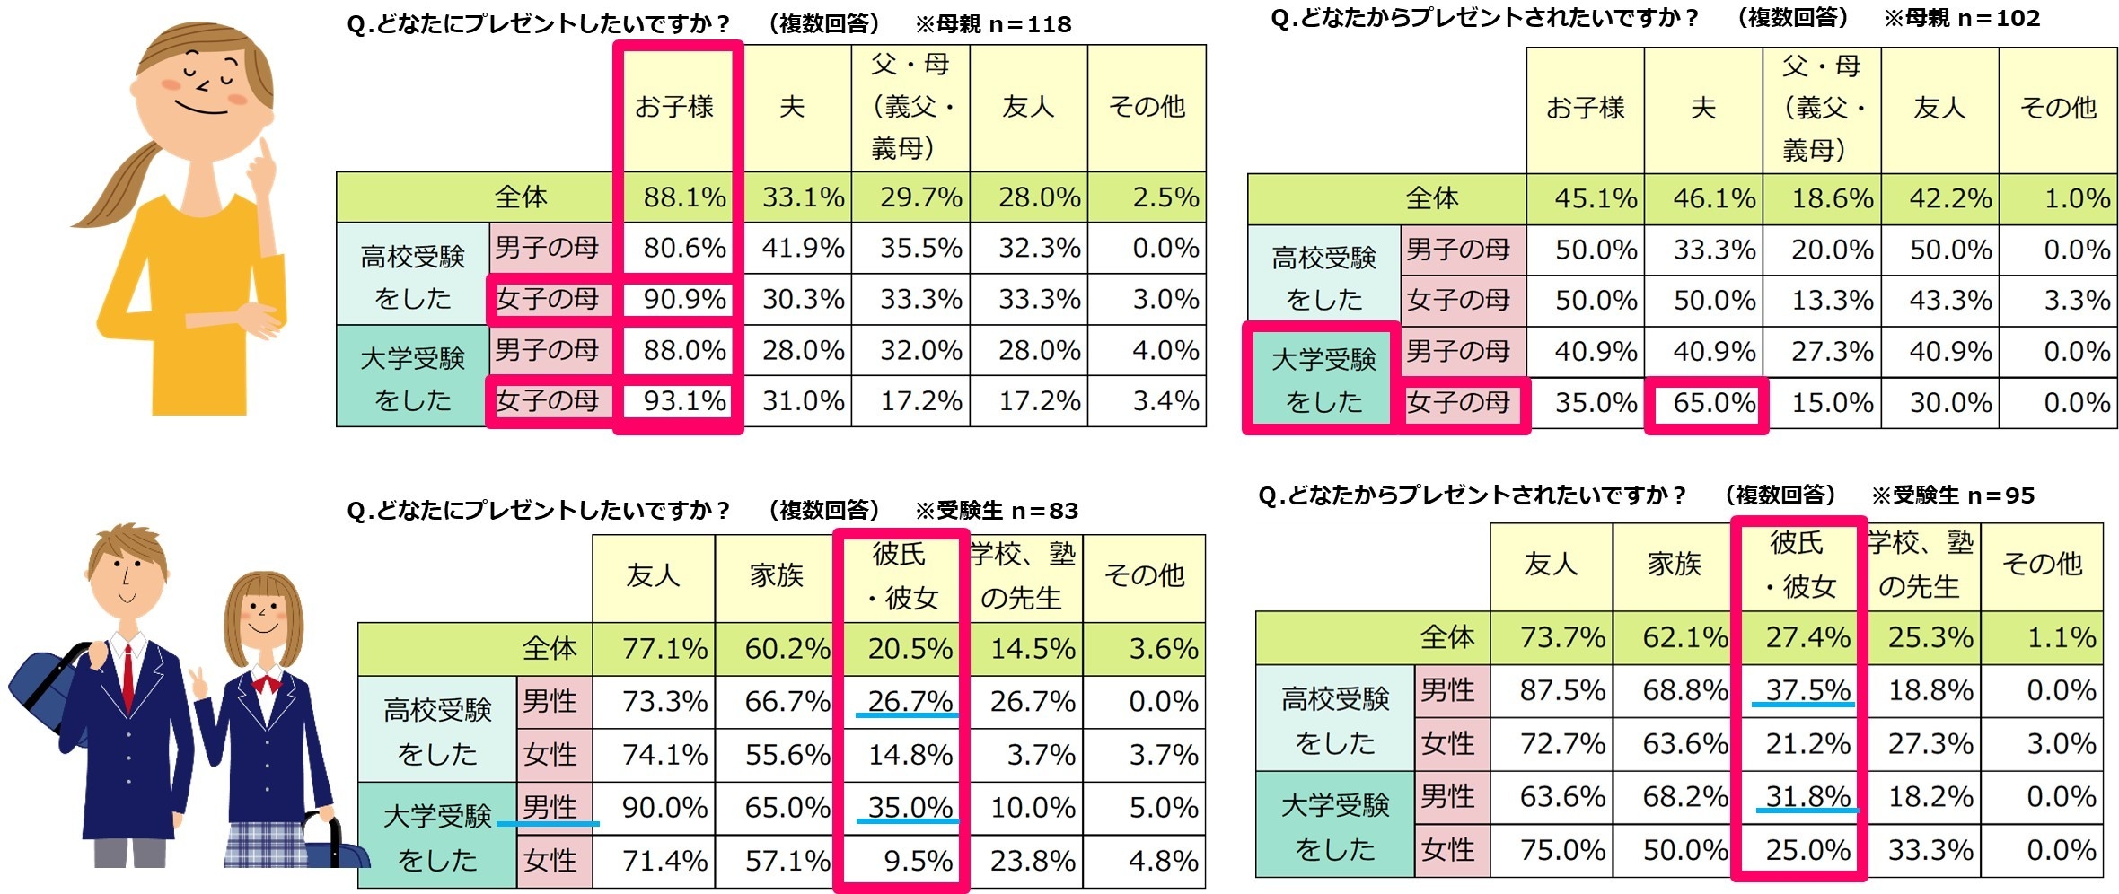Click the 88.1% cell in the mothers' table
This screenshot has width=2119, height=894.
[x=684, y=197]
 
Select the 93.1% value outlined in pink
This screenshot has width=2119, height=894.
[x=684, y=401]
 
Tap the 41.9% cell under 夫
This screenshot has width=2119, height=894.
[x=803, y=249]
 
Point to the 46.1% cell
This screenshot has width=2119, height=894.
[x=1713, y=198]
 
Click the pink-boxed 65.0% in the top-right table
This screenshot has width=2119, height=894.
[x=1713, y=403]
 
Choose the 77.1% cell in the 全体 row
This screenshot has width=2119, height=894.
[x=664, y=649]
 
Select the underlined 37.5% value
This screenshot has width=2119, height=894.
[x=1807, y=690]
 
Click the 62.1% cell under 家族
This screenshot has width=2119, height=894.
[x=1684, y=637]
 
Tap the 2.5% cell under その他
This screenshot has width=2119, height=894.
[x=1165, y=197]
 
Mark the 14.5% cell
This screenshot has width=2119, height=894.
[x=1032, y=649]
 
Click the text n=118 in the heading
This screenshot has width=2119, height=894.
[x=1030, y=24]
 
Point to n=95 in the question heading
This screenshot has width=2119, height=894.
[x=2000, y=495]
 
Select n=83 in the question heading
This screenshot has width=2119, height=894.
[x=1043, y=511]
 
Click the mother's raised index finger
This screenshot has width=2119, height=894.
[x=266, y=153]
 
